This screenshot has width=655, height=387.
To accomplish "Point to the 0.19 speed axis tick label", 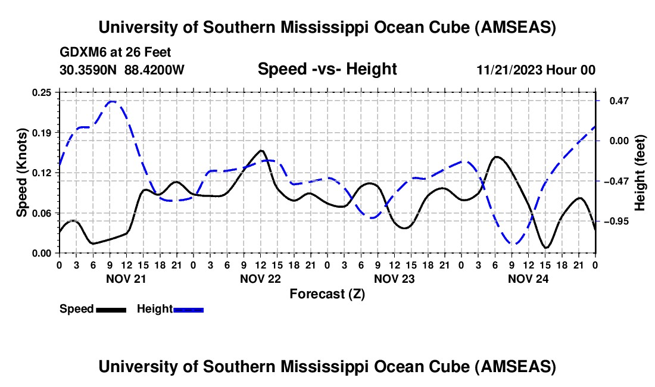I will click(42, 132).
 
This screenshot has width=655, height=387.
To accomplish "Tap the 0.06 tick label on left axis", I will click(42, 213).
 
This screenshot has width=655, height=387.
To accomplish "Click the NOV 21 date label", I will click(126, 279).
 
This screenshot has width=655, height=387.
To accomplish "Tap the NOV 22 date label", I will click(261, 279).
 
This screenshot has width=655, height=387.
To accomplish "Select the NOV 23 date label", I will click(395, 279).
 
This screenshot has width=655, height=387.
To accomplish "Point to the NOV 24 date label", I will click(529, 279).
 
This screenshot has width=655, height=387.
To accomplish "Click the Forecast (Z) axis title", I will click(327, 294).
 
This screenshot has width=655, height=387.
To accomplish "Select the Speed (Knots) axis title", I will click(22, 173).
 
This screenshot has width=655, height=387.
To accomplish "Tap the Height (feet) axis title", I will click(640, 173).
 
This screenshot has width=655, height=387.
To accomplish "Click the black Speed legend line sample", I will click(111, 309).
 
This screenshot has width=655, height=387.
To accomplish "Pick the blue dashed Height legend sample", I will click(188, 309).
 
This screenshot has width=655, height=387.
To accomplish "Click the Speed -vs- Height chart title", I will click(327, 69).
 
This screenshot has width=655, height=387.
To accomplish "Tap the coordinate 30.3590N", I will click(89, 70).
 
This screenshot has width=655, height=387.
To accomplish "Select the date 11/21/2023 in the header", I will click(510, 70).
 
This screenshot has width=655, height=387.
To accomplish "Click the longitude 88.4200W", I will click(154, 70).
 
